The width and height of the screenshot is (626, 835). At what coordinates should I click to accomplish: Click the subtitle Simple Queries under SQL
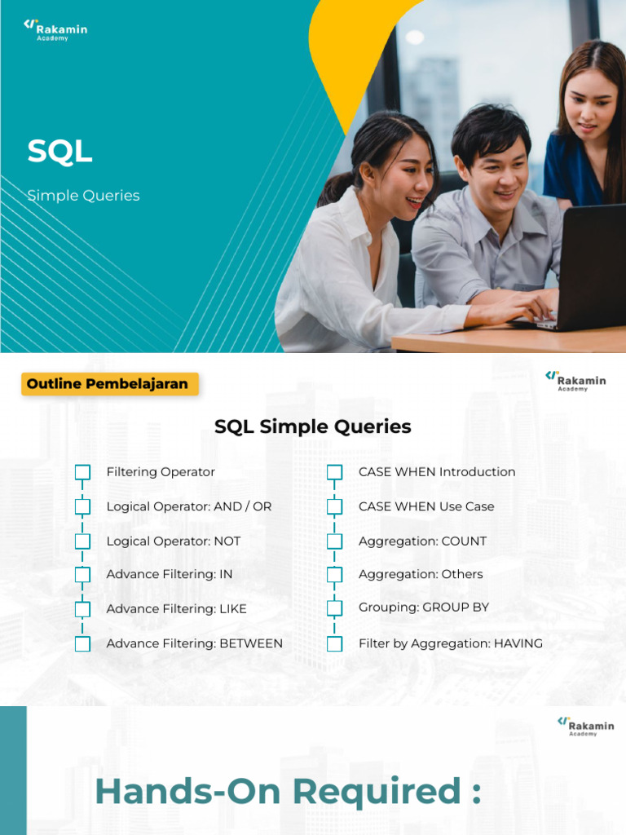click(x=84, y=196)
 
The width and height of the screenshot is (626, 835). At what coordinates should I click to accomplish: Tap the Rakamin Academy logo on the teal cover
click(x=55, y=30)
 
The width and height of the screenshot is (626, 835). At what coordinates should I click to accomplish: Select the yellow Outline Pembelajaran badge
click(x=110, y=384)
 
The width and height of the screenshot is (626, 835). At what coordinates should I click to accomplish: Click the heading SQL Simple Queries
click(x=312, y=426)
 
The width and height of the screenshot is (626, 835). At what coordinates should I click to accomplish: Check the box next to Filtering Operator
click(x=82, y=472)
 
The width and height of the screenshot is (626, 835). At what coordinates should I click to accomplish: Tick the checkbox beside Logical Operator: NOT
click(x=82, y=541)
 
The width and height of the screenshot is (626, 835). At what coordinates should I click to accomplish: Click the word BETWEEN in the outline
click(x=251, y=643)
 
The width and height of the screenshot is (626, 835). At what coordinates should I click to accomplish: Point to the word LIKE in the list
click(x=233, y=608)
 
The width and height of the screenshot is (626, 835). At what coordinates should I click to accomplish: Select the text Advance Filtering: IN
click(x=170, y=574)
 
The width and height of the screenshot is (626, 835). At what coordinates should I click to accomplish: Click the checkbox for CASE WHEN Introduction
click(x=334, y=472)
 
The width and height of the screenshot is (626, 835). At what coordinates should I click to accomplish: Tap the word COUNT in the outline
click(x=464, y=541)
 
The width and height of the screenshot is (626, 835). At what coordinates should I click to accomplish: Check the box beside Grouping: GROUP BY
click(x=334, y=608)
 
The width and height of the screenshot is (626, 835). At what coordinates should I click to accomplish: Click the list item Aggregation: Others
click(x=421, y=574)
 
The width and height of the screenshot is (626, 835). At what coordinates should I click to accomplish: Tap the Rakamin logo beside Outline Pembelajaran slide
click(x=575, y=381)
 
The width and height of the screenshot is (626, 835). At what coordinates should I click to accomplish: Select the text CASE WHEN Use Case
click(x=426, y=506)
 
